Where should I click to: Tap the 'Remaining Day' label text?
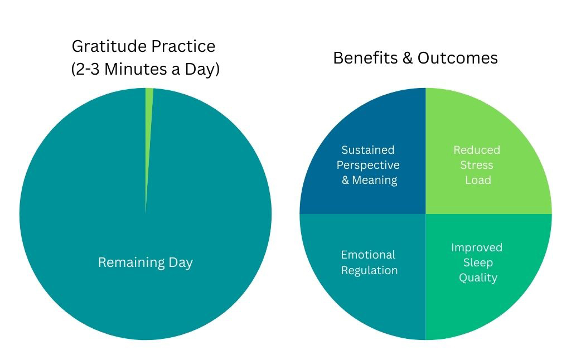[x=145, y=262]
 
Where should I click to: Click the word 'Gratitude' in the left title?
[x=104, y=46]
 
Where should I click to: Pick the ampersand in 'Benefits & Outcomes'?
[x=408, y=58]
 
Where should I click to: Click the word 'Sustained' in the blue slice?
[x=367, y=150]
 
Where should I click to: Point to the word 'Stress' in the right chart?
[x=477, y=165]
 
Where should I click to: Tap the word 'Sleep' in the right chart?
[x=477, y=262]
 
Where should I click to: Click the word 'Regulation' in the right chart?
[x=369, y=270]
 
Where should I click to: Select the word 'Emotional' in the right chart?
[x=368, y=255]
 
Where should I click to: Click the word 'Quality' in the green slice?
[x=478, y=278]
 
